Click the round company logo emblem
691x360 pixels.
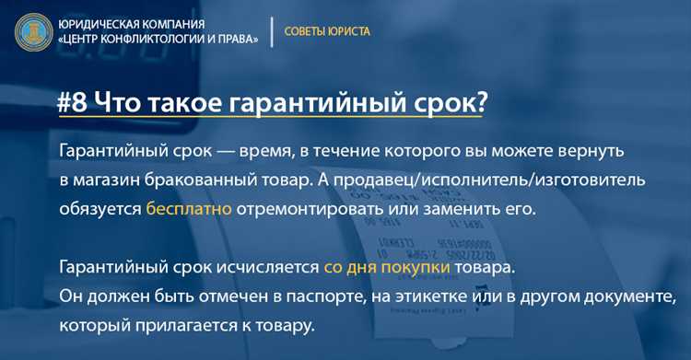[x=33, y=30]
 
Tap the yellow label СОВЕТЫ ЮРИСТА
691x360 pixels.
[x=327, y=31]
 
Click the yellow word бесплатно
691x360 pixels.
[x=189, y=207]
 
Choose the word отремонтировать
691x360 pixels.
[x=305, y=207]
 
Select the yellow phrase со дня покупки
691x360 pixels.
[x=387, y=267]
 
